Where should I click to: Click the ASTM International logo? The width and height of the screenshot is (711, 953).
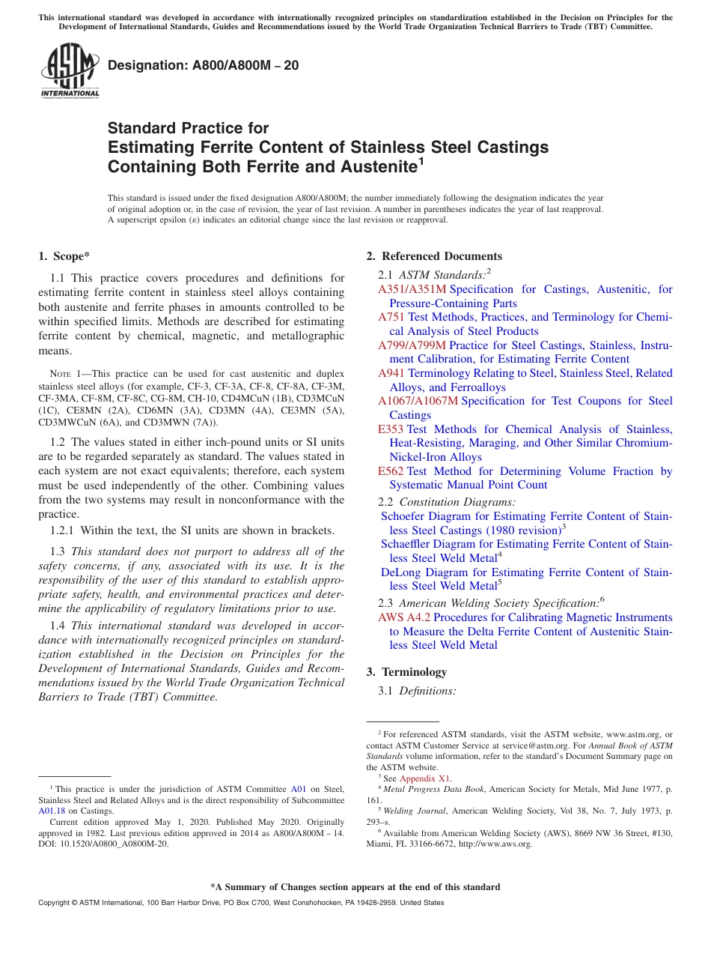click(x=70, y=71)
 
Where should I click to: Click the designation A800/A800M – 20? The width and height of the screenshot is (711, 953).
click(x=204, y=65)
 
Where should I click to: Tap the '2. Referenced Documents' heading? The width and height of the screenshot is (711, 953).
click(x=434, y=256)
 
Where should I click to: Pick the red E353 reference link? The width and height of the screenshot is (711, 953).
click(x=391, y=429)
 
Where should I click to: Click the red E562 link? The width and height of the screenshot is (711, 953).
click(x=391, y=471)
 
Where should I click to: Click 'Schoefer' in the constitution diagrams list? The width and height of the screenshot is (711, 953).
click(x=403, y=516)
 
